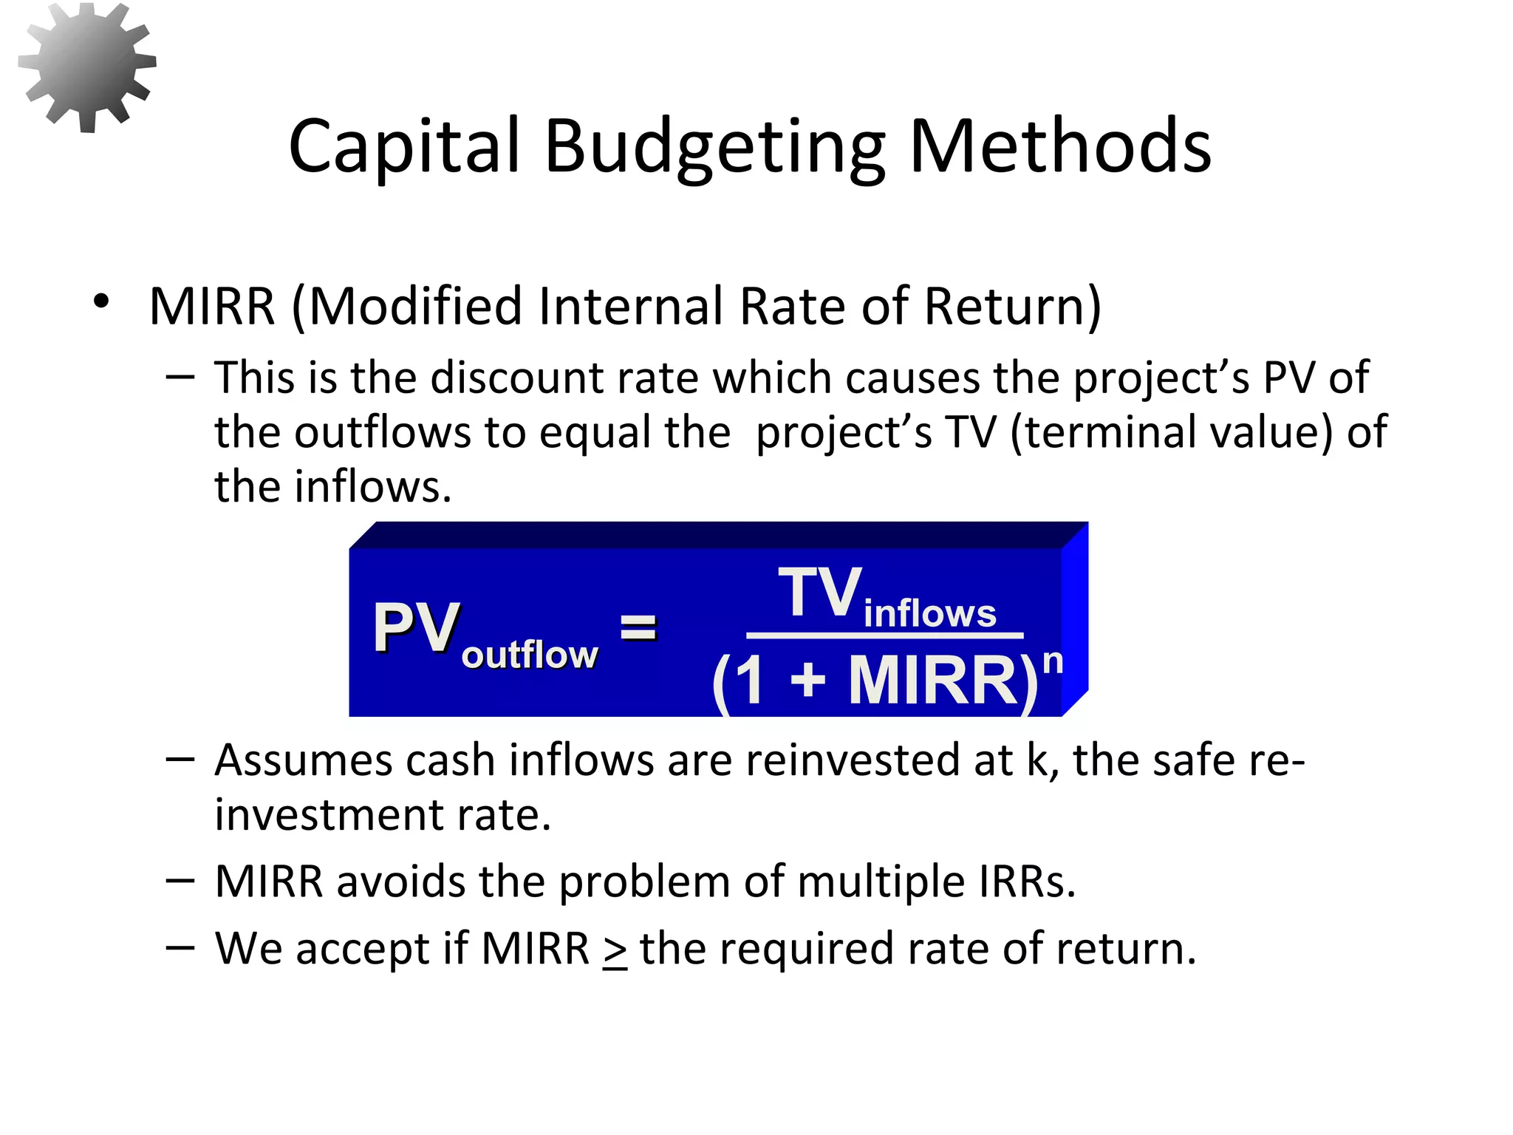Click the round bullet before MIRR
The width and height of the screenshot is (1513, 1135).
coord(101,302)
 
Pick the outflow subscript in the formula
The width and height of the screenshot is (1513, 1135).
coord(529,655)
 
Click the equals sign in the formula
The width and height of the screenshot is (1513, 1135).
coord(638,628)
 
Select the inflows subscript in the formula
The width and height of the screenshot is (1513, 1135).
coord(929,614)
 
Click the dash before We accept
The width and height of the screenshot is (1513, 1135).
coord(180,947)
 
